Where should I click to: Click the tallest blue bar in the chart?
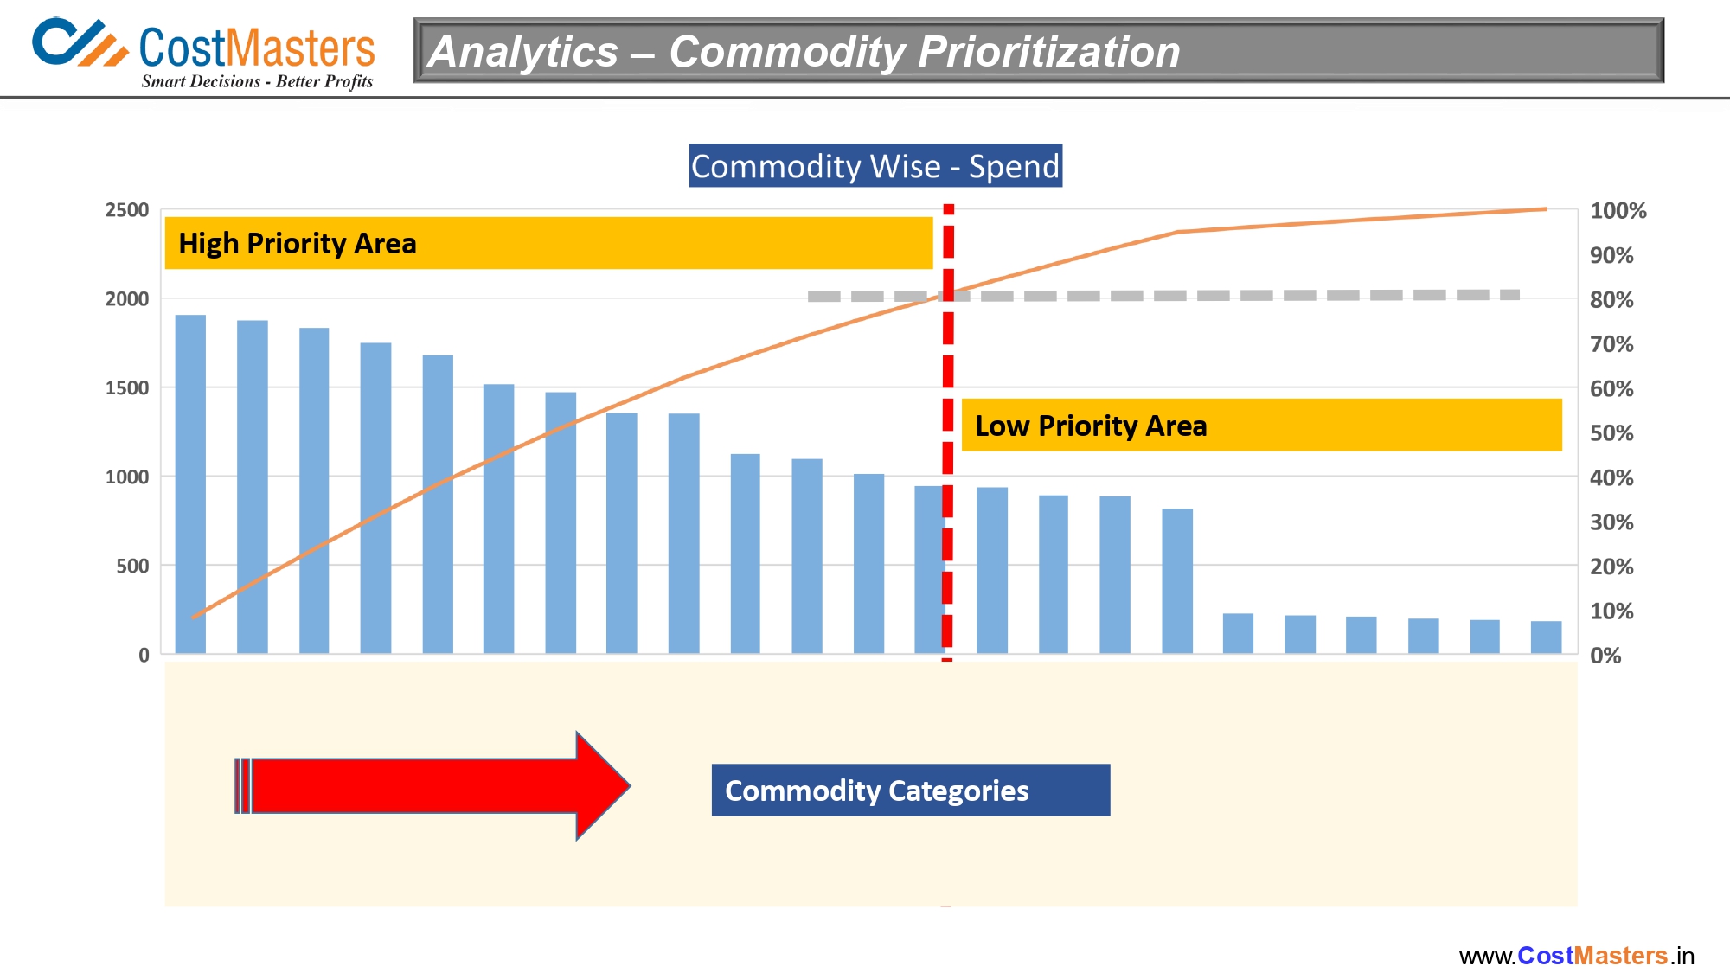coord(190,484)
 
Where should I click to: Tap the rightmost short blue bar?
coord(1546,637)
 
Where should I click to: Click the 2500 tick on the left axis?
coord(127,210)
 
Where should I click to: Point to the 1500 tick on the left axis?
coord(127,388)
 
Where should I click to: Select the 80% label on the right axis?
coord(1611,300)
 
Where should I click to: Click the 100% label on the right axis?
coord(1618,211)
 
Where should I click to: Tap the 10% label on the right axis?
coord(1611,611)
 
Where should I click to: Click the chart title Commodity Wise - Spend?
coord(875,166)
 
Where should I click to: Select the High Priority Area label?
coord(298,244)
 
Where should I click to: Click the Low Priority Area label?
coord(1090,426)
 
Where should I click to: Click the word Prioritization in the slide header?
coord(1048,52)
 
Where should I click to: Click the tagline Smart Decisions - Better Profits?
coord(257,82)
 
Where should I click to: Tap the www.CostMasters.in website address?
coord(1576,956)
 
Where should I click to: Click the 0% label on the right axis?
coord(1605,656)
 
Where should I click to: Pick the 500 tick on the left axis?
coord(132,567)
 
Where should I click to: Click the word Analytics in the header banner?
coord(523,52)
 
